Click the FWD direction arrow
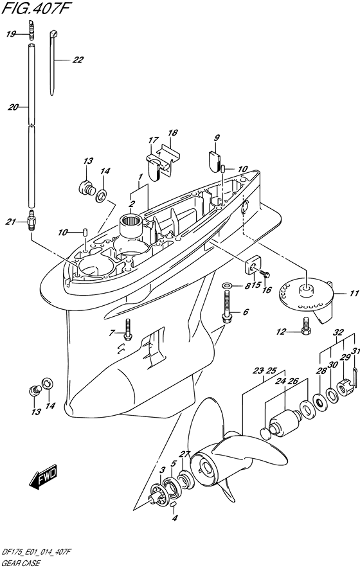pyautogui.click(x=43, y=475)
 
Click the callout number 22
pyautogui.click(x=77, y=60)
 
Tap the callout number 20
pyautogui.click(x=13, y=107)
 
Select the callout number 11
pyautogui.click(x=354, y=294)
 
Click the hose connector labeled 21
pyautogui.click(x=32, y=220)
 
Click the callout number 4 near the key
pyautogui.click(x=175, y=518)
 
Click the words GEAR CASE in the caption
pyautogui.click(x=21, y=564)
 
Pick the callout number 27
pyautogui.click(x=185, y=454)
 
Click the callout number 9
pyautogui.click(x=217, y=138)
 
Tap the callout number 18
pyautogui.click(x=173, y=132)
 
